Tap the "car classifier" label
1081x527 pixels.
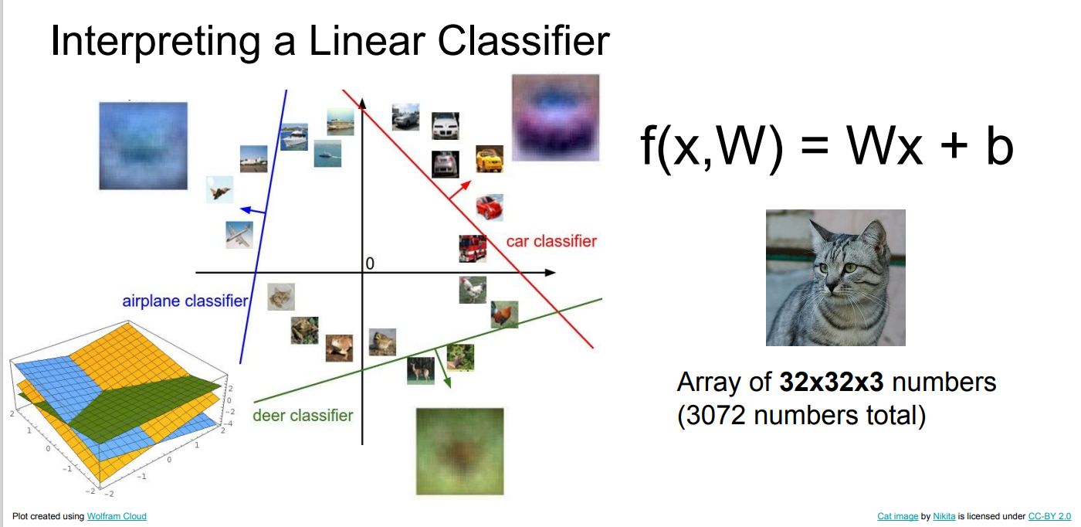[x=551, y=241]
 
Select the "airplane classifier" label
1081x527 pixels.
[x=185, y=301]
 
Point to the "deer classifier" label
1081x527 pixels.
[x=303, y=415]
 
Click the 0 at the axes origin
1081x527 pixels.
[x=370, y=264]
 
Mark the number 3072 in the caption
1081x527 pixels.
[x=712, y=415]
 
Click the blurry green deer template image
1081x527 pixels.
[x=459, y=451]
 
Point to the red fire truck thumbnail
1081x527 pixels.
[x=473, y=249]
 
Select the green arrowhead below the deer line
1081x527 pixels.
[x=447, y=381]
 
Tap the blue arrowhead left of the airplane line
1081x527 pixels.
[x=242, y=209]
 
